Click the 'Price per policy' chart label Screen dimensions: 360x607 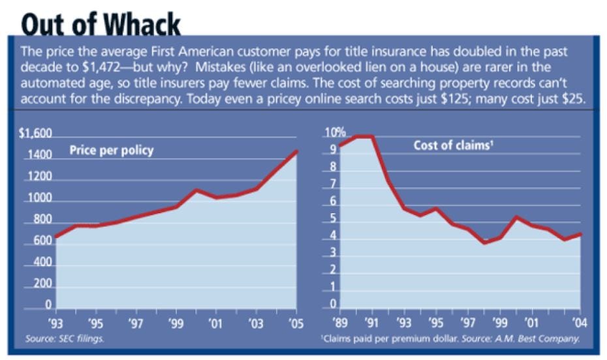(x=112, y=151)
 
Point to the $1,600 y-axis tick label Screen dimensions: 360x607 (x=35, y=134)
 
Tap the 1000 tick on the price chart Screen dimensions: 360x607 (x=39, y=199)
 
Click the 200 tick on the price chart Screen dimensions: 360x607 (x=41, y=284)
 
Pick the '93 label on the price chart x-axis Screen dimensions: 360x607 (x=56, y=323)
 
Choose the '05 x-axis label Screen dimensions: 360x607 (x=297, y=323)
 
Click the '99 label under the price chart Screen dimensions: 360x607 (x=176, y=323)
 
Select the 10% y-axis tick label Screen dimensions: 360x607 (x=335, y=134)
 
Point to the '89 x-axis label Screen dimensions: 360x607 (x=339, y=323)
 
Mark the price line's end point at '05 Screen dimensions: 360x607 (x=297, y=151)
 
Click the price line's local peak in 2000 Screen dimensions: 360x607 (x=196, y=190)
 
